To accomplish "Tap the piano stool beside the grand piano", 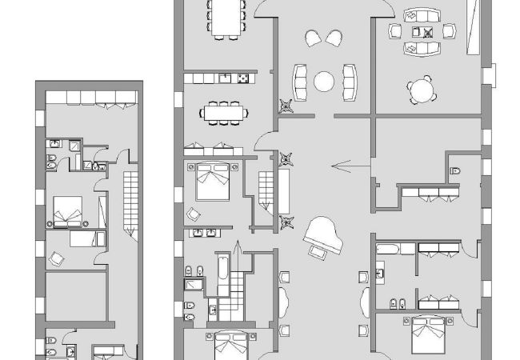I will click(319, 253).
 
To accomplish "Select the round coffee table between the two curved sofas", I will click(325, 82).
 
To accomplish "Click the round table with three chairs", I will click(422, 90).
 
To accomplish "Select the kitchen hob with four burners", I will click(240, 78).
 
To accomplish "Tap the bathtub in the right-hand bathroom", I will click(391, 249).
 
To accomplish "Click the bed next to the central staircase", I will click(212, 180).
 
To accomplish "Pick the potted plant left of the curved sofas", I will click(285, 102).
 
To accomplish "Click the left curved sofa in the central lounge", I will click(301, 81).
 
